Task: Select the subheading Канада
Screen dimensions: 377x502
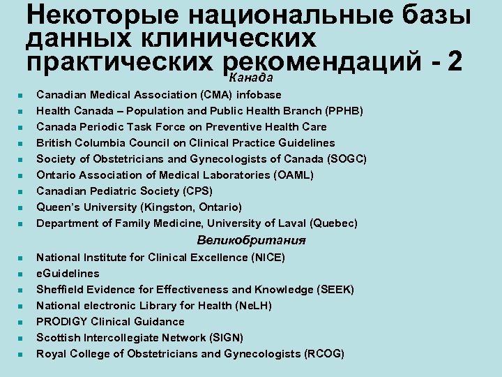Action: [x=251, y=76]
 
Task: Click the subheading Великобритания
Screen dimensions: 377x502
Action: [x=251, y=241]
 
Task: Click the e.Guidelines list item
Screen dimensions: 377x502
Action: [x=68, y=274]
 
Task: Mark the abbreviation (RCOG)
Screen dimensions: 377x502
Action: [x=324, y=354]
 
